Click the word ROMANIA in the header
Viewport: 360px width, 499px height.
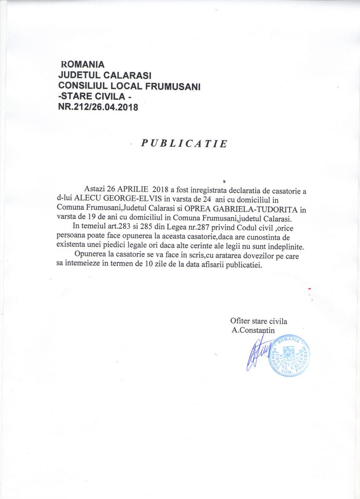pyautogui.click(x=82, y=65)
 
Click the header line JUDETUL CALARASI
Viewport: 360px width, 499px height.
pyautogui.click(x=104, y=76)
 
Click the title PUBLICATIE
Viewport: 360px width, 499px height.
pyautogui.click(x=184, y=143)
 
